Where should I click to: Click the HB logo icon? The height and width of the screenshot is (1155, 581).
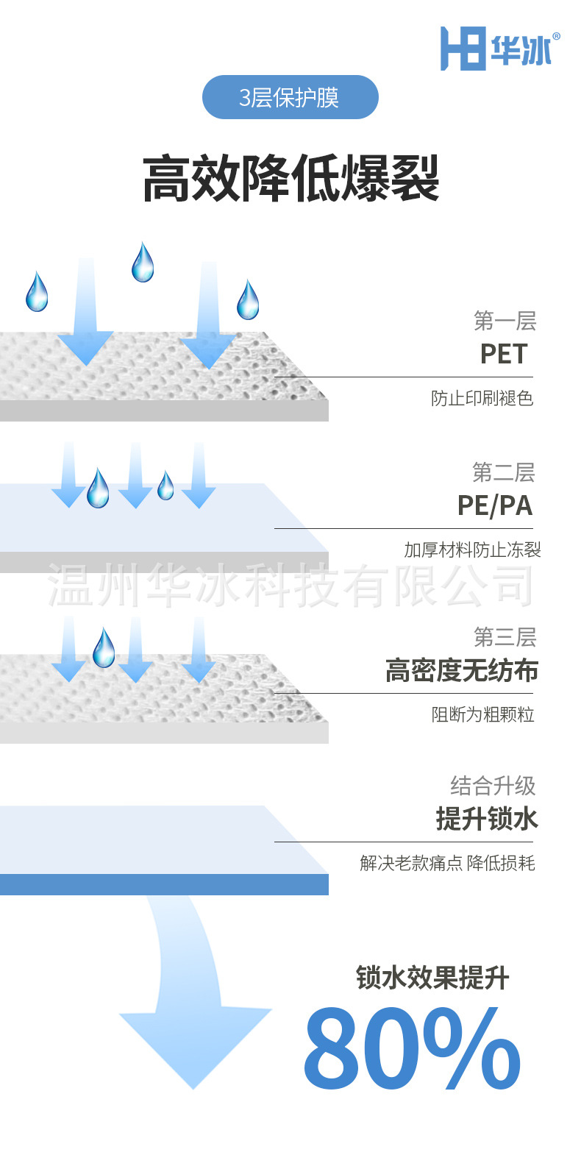coord(463,49)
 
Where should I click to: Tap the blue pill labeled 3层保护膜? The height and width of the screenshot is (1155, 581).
coord(290,97)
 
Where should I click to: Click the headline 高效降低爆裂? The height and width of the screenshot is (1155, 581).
coord(290,179)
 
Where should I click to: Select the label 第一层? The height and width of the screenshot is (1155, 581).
coord(505,321)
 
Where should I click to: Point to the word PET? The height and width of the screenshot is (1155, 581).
coord(504,354)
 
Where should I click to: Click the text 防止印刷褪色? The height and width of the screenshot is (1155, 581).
coord(482,399)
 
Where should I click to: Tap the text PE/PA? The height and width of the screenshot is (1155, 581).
coord(495,505)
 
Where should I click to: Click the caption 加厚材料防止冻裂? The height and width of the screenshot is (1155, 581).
coord(472,550)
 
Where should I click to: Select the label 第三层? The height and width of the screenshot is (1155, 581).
coord(505,637)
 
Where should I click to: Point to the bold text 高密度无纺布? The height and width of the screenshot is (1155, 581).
coord(462,670)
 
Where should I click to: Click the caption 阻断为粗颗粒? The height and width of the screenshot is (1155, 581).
coord(482,714)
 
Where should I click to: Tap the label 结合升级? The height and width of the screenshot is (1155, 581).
coord(493,786)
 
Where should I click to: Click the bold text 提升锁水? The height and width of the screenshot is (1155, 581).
coord(487,819)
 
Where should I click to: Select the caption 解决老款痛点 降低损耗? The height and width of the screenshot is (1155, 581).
coord(447,863)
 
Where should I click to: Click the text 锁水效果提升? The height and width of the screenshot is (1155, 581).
coord(432,978)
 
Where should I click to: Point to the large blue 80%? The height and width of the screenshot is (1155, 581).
coord(412,1048)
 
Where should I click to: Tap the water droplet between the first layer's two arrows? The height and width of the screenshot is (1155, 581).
coord(143,263)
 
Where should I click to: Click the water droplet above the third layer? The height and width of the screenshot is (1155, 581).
coord(104,647)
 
